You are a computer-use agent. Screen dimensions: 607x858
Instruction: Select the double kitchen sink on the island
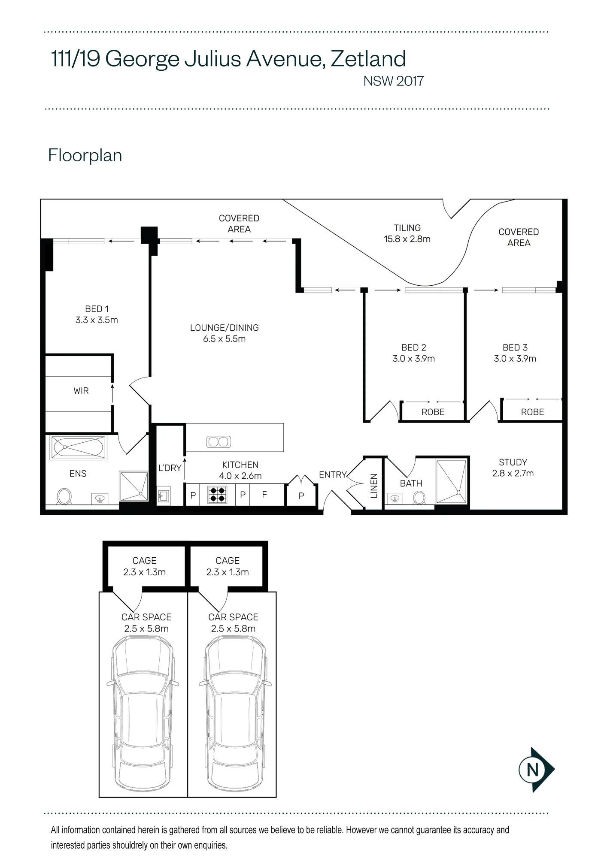(219, 442)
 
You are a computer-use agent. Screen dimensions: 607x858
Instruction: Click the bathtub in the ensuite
(78, 448)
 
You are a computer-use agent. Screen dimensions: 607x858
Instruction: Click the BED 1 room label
(97, 314)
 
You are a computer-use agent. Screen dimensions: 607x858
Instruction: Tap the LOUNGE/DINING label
(225, 333)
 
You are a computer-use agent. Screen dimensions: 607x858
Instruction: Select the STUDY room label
(513, 468)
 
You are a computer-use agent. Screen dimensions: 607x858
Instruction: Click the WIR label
(81, 391)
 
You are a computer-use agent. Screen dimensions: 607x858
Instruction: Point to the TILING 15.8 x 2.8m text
(407, 233)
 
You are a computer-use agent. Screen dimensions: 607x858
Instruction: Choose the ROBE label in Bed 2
(433, 412)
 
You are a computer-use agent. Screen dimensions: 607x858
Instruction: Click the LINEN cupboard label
(374, 486)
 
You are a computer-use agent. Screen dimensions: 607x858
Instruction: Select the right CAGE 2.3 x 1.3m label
(228, 566)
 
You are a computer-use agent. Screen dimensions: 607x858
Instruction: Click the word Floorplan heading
(85, 155)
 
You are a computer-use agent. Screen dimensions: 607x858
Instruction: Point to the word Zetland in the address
(368, 59)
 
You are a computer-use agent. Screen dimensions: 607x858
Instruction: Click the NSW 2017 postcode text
(394, 81)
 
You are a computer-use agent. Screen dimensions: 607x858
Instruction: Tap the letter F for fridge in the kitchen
(264, 494)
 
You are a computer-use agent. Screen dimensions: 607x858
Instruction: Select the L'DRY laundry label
(170, 468)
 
